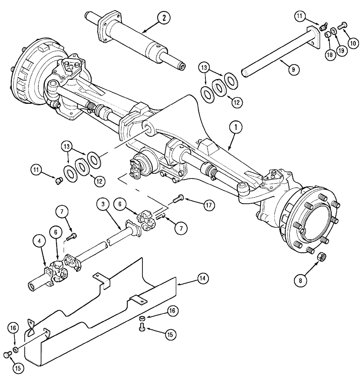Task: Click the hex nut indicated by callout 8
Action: point(320,257)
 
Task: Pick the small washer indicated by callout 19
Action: point(333,30)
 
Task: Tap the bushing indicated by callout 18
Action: point(327,35)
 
